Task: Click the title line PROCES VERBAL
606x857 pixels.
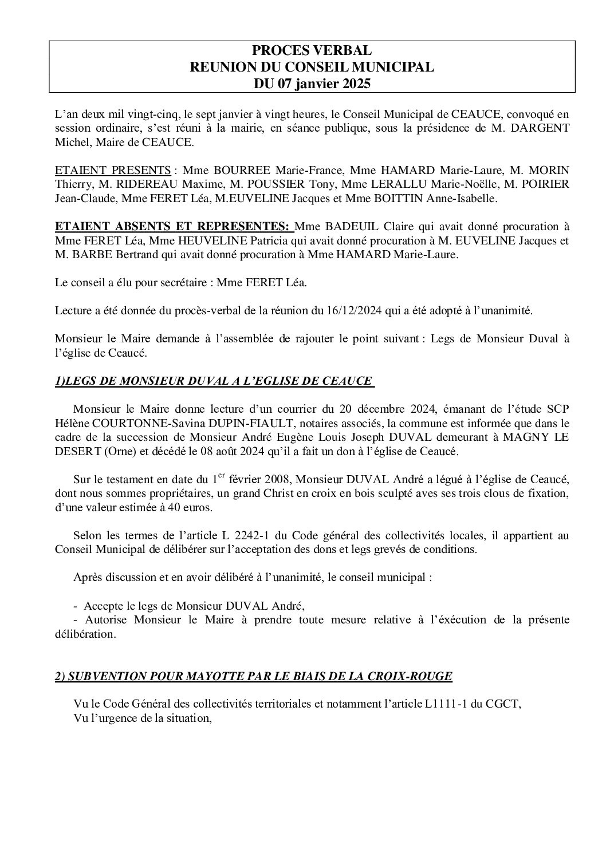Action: [312, 51]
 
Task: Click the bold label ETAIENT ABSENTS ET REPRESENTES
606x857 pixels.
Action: [174, 227]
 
